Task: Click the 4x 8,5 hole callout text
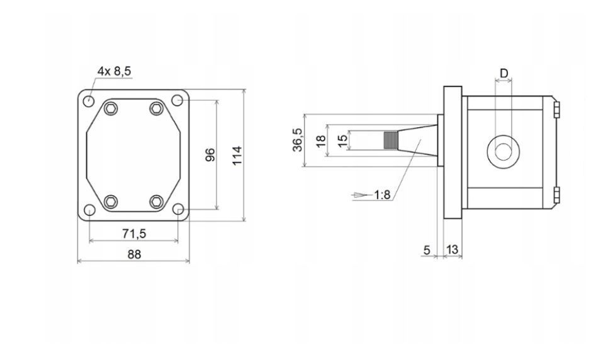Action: point(114,72)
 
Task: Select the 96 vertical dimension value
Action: point(211,154)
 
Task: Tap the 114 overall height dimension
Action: point(236,155)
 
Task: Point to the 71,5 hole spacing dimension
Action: point(133,233)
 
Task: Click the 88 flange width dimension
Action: point(133,254)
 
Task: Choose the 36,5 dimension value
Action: point(297,140)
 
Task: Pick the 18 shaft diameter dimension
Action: point(320,140)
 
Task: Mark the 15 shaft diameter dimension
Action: point(342,140)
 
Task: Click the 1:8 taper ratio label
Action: point(382,195)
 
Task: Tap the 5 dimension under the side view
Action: point(427,250)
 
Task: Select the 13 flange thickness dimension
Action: point(452,250)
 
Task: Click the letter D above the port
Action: point(504,73)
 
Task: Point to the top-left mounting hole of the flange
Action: point(89,101)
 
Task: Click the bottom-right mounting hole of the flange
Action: point(178,209)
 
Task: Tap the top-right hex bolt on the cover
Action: point(156,108)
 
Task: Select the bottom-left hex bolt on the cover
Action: point(111,201)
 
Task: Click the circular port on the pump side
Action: point(504,151)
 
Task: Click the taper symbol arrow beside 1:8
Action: point(361,195)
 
